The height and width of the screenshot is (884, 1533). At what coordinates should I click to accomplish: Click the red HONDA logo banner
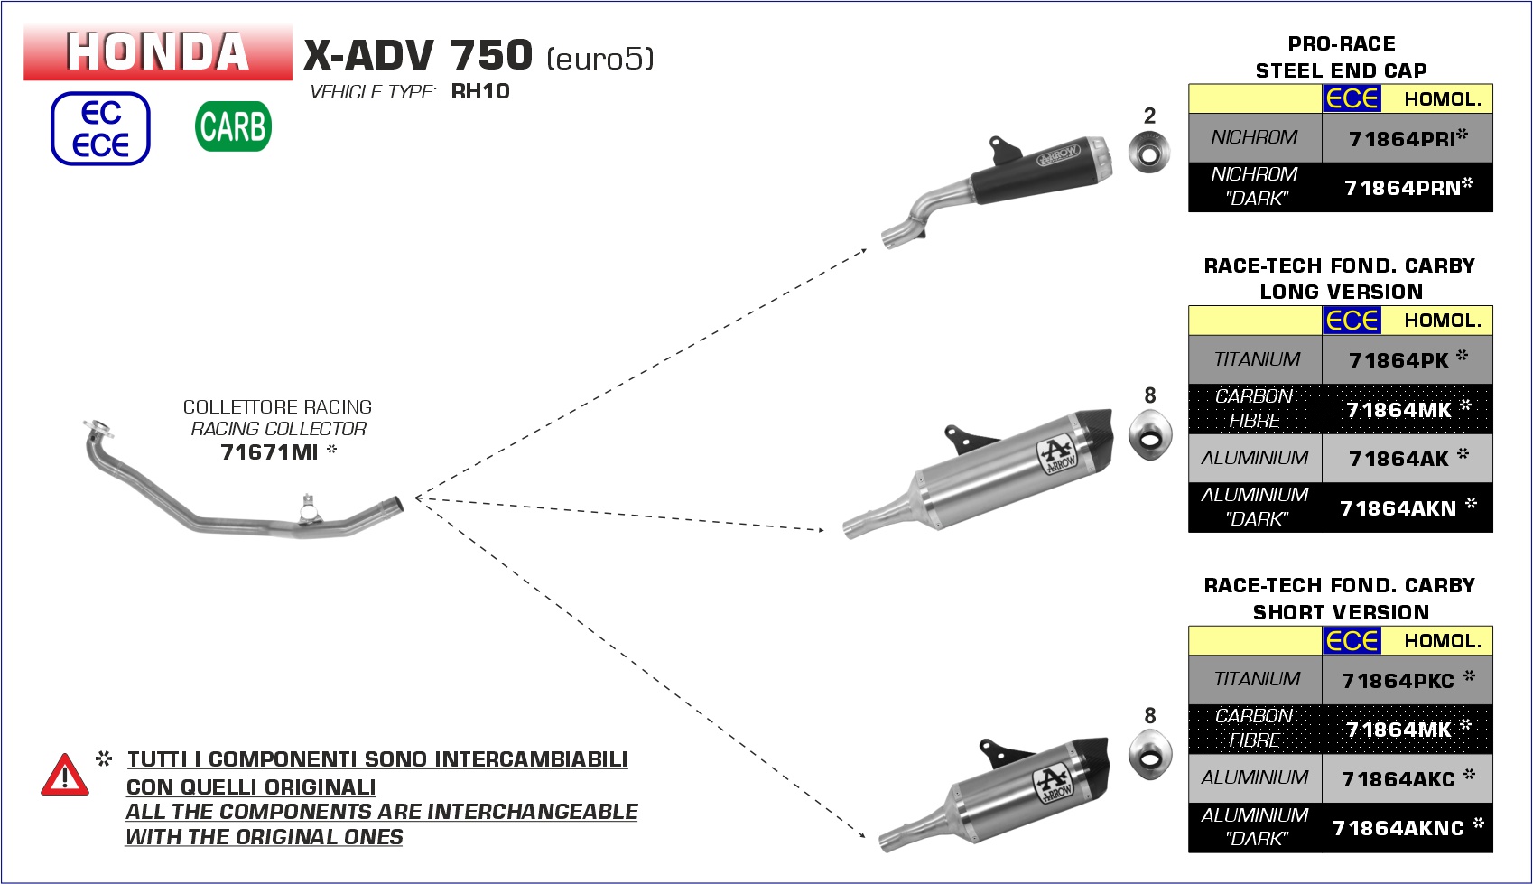[x=158, y=52]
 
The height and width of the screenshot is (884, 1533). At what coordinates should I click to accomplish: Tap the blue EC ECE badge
[x=100, y=129]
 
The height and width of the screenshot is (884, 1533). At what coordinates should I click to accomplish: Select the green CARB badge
[x=233, y=126]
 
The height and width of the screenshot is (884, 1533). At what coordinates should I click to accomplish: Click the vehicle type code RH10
[x=480, y=91]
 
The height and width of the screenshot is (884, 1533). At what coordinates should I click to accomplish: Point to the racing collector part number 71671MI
[x=269, y=451]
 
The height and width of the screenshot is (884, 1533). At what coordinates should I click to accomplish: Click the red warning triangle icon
[x=65, y=775]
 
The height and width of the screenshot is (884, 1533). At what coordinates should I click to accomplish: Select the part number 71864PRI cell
[x=1408, y=138]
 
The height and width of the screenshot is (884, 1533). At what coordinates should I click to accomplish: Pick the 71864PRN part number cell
[x=1408, y=187]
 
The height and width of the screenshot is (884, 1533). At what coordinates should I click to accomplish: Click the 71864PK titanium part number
[x=1398, y=360]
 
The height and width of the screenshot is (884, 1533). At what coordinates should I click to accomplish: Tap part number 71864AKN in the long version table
[x=1398, y=508]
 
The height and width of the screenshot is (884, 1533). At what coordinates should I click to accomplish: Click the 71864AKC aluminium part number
[x=1398, y=779]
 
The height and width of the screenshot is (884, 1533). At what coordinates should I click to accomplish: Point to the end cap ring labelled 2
[x=1149, y=152]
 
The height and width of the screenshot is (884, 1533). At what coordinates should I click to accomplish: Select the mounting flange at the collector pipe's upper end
[x=98, y=428]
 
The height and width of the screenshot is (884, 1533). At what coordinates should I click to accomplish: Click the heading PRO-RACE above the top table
[x=1342, y=43]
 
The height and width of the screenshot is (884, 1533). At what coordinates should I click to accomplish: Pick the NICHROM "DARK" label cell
[x=1255, y=187]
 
